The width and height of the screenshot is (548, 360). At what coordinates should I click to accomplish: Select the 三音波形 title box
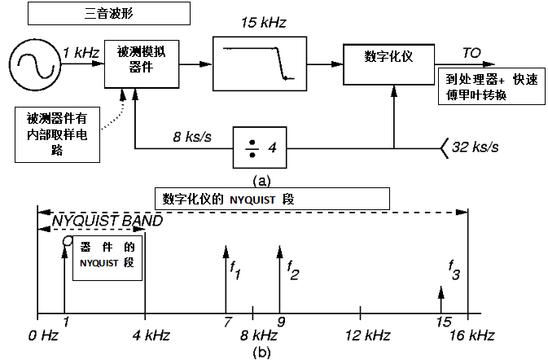click(x=109, y=13)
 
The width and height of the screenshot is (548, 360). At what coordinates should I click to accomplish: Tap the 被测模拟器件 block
click(x=142, y=64)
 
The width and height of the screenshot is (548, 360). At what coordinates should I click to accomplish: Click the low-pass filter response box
click(x=260, y=64)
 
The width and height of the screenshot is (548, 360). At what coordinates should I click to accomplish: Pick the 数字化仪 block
click(x=388, y=64)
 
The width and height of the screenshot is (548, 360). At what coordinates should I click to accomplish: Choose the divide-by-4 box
click(x=260, y=147)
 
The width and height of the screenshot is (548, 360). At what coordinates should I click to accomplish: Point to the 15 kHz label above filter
click(x=264, y=23)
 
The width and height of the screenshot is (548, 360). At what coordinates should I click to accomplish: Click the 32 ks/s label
click(x=476, y=147)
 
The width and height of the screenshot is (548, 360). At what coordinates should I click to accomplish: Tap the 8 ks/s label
click(x=192, y=137)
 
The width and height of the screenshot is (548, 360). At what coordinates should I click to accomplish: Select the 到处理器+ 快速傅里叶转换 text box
click(x=492, y=86)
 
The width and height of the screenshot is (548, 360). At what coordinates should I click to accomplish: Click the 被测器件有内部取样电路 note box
click(x=57, y=134)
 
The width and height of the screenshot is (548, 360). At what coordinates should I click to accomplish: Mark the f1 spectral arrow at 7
click(x=226, y=279)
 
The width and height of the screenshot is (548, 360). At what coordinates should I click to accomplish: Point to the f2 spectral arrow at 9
click(x=279, y=279)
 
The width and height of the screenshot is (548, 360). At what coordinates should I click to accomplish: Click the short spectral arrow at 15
click(x=441, y=300)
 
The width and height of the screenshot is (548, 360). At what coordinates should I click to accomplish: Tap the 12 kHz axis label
click(x=368, y=336)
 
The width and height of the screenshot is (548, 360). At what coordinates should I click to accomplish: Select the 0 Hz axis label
click(x=43, y=336)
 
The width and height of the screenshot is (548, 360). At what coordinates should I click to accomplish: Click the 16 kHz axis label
click(x=472, y=336)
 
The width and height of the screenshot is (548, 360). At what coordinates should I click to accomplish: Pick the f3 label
click(x=454, y=270)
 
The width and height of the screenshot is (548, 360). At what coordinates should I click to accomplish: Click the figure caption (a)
click(x=261, y=181)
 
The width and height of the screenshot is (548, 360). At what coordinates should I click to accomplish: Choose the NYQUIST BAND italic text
click(x=107, y=221)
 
